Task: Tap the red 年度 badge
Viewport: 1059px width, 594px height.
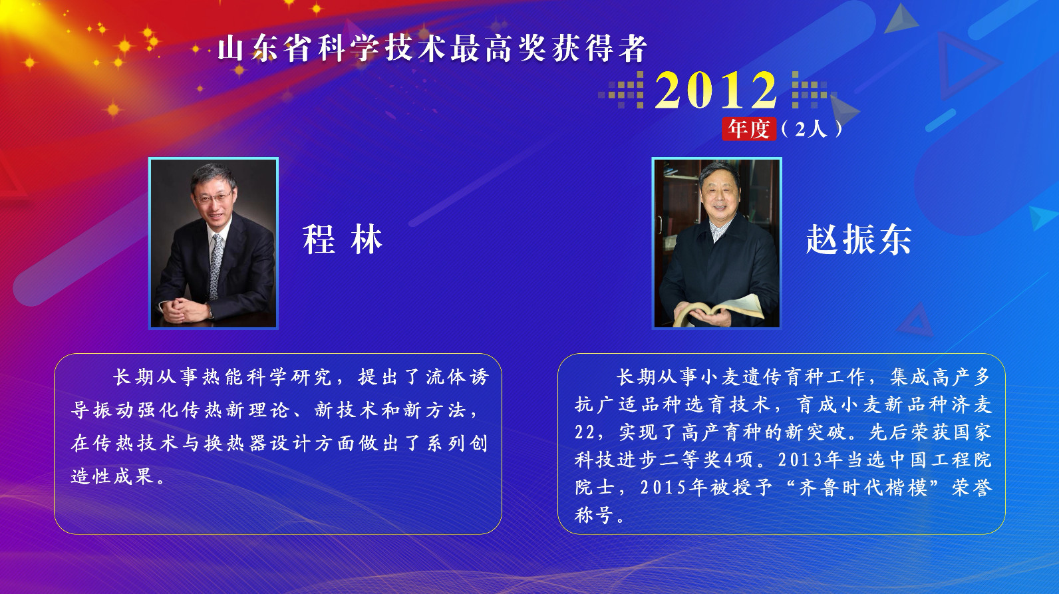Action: (x=749, y=128)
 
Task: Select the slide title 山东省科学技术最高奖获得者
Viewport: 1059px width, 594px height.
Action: (x=432, y=49)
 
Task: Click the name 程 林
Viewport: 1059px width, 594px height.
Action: (x=343, y=239)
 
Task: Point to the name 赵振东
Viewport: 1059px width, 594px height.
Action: (x=859, y=239)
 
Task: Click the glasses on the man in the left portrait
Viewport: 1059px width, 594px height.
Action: (x=214, y=197)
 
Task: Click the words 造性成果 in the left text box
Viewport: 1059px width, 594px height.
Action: (x=113, y=476)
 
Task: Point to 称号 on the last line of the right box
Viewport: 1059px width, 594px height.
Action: (x=595, y=515)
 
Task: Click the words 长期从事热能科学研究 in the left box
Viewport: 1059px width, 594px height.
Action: (x=222, y=377)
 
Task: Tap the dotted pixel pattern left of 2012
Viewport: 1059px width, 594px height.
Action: (x=622, y=90)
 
